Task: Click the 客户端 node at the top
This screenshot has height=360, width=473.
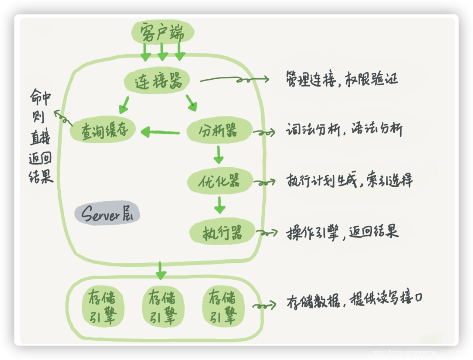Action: [162, 33]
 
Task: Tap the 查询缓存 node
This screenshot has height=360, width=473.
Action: [103, 130]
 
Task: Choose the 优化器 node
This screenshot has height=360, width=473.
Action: [219, 181]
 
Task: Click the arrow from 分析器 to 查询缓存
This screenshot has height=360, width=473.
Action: [160, 132]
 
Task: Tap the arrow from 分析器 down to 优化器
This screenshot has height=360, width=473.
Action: [218, 155]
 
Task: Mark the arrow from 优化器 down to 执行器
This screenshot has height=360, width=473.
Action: [219, 205]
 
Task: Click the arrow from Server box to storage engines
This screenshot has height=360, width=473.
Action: [160, 271]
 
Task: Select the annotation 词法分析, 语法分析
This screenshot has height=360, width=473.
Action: [344, 130]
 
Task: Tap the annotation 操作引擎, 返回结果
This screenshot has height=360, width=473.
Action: [343, 232]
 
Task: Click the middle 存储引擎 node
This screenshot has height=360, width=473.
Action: [163, 306]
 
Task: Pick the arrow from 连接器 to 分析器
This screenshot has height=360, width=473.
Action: [192, 102]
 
